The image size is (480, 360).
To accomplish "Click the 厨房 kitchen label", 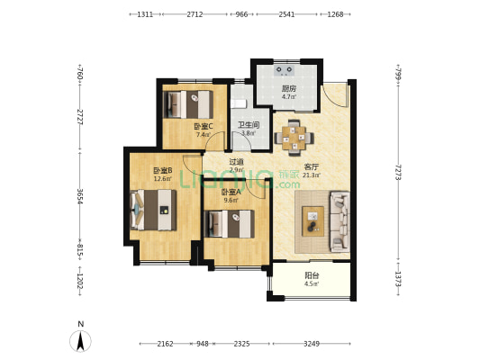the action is (289, 89).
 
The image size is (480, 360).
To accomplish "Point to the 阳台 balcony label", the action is (312, 275).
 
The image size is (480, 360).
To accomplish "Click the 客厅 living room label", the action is (312, 167).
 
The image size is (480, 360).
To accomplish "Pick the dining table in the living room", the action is (294, 138).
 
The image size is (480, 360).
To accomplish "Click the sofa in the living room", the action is (340, 221).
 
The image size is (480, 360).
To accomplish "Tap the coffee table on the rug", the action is (312, 221).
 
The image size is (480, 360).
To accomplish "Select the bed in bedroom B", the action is (153, 210).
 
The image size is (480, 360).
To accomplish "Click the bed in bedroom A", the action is (230, 224).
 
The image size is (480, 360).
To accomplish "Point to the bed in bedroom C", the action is (188, 104).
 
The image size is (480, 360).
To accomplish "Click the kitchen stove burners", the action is (285, 70).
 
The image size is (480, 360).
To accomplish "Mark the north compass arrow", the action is (80, 341).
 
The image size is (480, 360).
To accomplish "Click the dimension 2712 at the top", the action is (195, 14).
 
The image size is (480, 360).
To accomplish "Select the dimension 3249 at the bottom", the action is (312, 344).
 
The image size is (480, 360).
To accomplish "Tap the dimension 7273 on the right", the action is (398, 172).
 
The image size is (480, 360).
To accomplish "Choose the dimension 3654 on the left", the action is (80, 196).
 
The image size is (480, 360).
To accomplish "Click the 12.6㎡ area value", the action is (163, 178).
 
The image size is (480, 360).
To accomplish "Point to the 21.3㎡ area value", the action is (312, 175).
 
